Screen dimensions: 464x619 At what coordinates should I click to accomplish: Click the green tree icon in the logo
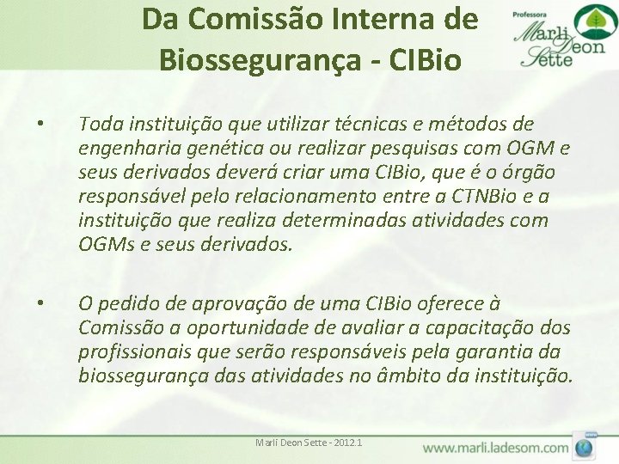(x=591, y=21)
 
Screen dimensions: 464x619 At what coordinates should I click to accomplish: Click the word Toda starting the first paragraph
(x=99, y=125)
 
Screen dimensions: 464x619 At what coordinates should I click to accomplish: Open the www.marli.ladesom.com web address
(x=495, y=448)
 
